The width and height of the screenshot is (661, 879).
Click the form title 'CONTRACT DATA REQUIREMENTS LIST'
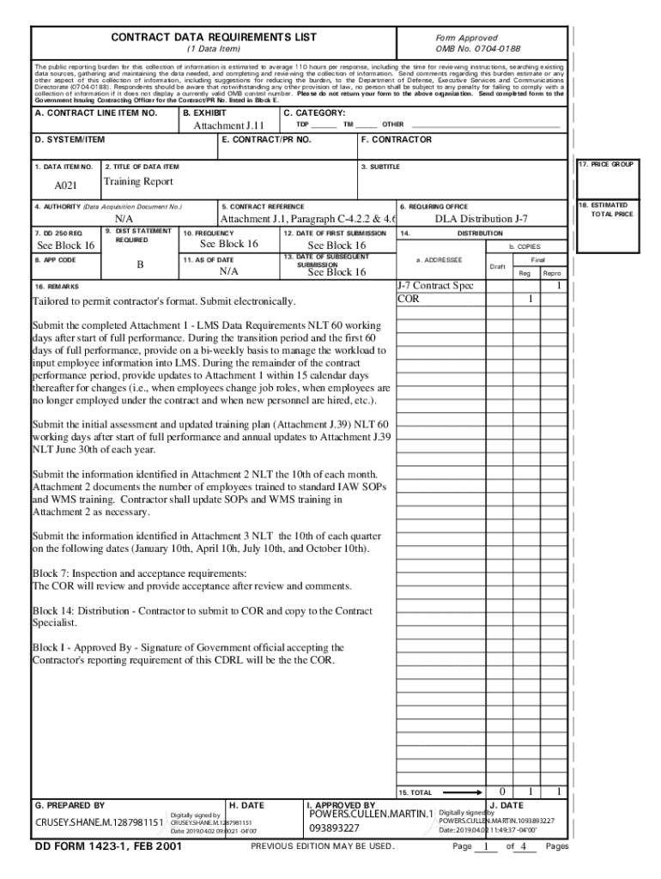[214, 37]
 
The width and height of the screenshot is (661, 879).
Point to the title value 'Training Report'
[138, 182]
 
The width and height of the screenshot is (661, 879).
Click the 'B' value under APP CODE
[140, 265]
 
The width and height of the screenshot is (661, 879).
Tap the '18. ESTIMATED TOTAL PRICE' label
[610, 209]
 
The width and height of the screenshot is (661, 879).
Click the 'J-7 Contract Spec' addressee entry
[434, 285]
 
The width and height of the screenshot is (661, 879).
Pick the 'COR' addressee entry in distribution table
[408, 299]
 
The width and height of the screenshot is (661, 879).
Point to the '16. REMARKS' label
[57, 286]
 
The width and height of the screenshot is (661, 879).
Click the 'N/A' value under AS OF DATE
[228, 271]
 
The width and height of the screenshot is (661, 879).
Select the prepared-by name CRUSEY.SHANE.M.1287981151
[98, 824]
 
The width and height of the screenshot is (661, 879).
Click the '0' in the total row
[502, 791]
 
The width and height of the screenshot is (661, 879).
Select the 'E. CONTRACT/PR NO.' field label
[266, 139]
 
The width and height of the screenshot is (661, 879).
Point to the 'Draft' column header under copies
[497, 266]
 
